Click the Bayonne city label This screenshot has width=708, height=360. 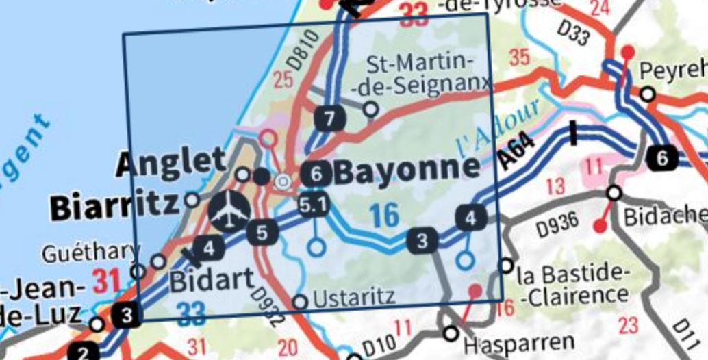click(x=407, y=170)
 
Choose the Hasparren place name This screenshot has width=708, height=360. click(x=519, y=342)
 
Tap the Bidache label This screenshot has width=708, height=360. click(x=665, y=218)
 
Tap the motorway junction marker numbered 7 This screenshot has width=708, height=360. click(x=330, y=119)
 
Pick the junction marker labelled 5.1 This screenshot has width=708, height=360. click(x=314, y=204)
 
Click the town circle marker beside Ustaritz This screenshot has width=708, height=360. click(x=300, y=302)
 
